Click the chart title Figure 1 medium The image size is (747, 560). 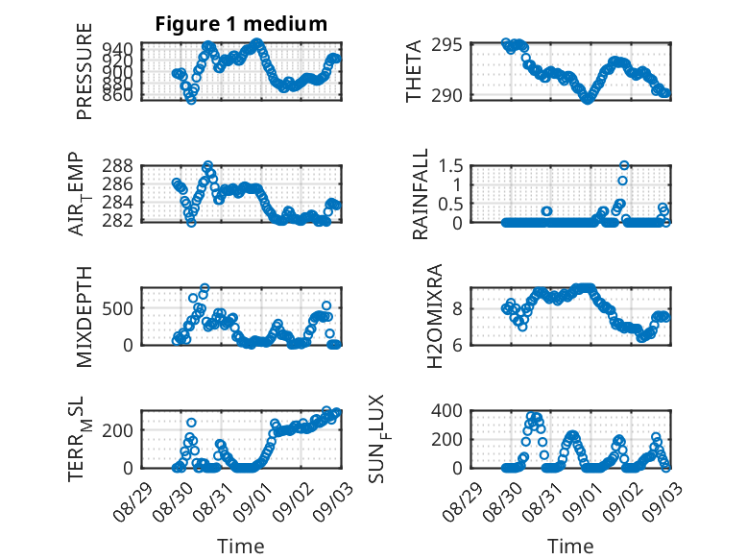pyautogui.click(x=241, y=24)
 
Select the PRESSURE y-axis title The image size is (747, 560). pyautogui.click(x=84, y=71)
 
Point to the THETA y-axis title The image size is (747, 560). pyautogui.click(x=414, y=71)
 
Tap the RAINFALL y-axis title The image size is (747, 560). pyautogui.click(x=421, y=194)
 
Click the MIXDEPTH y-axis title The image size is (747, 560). pyautogui.click(x=84, y=317)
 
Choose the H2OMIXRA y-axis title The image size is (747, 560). pyautogui.click(x=435, y=316)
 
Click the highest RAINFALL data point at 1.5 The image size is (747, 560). pyautogui.click(x=624, y=165)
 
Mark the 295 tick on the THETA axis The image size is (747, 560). pyautogui.click(x=446, y=45)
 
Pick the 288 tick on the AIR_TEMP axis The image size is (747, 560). pyautogui.click(x=118, y=166)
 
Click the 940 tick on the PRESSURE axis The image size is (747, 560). pyautogui.click(x=118, y=49)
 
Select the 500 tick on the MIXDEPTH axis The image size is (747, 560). pyautogui.click(x=118, y=308)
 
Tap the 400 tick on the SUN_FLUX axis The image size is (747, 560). pyautogui.click(x=446, y=410)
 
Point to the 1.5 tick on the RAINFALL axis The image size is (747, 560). pyautogui.click(x=450, y=166)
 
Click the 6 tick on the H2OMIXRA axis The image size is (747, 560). pyautogui.click(x=457, y=345)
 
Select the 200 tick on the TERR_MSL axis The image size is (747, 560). pyautogui.click(x=118, y=430)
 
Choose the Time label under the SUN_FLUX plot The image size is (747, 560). pyautogui.click(x=570, y=547)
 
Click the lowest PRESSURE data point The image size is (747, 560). pyautogui.click(x=191, y=100)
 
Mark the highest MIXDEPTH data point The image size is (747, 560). pyautogui.click(x=205, y=288)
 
